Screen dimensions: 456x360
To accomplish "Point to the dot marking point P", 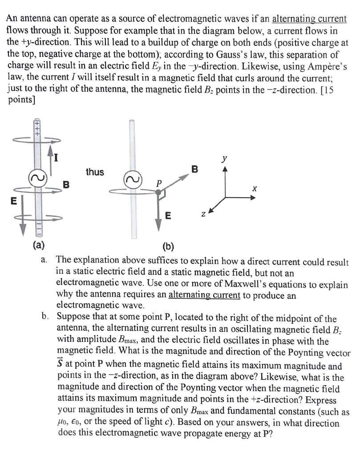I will [158, 193].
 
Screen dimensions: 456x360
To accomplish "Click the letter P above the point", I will [157, 182].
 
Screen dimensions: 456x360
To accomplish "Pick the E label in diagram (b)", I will [168, 217].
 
